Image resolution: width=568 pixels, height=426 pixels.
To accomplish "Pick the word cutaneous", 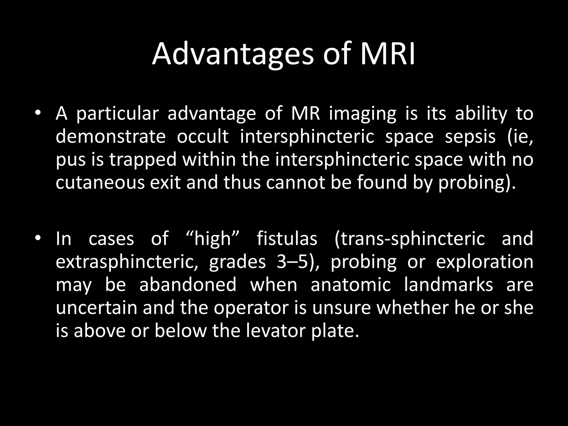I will point(100,183).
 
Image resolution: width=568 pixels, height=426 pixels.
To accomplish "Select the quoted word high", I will point(212,238).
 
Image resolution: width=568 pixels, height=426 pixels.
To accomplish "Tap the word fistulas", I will point(286,238).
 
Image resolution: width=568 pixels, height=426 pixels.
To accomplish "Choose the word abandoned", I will point(187,285).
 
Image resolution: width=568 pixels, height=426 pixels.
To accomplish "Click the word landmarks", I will point(448,285).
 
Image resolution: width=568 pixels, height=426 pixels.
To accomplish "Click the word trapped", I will point(143,160).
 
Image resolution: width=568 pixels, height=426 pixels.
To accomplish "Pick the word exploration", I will point(485,262).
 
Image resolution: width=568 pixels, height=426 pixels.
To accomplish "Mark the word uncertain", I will point(97,308).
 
